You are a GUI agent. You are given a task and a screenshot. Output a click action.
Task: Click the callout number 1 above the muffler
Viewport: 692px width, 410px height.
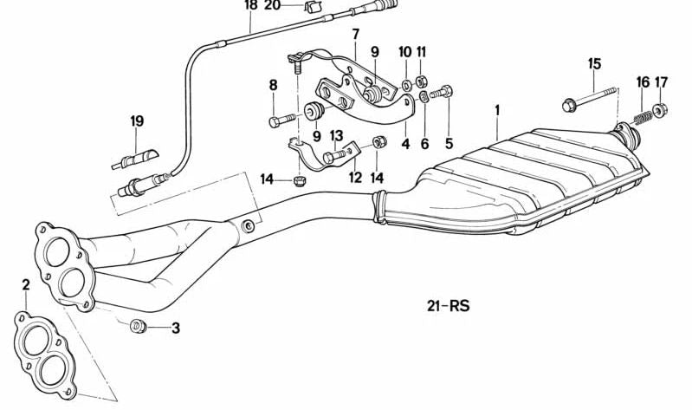pos(497,110)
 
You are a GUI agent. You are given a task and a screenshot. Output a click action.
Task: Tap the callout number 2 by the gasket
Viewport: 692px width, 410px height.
pos(26,285)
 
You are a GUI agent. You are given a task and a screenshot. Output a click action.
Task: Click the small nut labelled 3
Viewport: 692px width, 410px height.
pos(138,327)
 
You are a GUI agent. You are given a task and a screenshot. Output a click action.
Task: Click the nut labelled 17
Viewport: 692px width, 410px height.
pos(660,109)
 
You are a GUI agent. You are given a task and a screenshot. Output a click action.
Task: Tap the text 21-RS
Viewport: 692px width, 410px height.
pos(449,306)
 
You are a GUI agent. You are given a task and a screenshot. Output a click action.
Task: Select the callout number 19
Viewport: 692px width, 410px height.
pos(137,121)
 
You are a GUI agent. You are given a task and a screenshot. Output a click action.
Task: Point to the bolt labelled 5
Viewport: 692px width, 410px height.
pos(441,93)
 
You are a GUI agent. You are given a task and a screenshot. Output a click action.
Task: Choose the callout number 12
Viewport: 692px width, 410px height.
pos(355,178)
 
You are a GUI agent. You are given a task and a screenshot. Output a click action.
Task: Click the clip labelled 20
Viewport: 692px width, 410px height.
pos(311,7)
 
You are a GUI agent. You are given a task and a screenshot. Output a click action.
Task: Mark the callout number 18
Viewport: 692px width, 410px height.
pos(250,5)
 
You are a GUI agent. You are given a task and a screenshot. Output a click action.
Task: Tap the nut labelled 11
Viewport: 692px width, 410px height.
pos(421,81)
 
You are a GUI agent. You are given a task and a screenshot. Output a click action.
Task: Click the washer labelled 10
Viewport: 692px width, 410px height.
pos(406,84)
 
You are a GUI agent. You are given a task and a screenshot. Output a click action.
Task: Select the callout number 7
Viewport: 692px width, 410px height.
pos(356,34)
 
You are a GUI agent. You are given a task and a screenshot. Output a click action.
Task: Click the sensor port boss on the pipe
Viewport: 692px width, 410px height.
pos(249,226)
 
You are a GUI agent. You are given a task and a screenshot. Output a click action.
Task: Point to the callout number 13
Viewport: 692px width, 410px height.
pos(336,135)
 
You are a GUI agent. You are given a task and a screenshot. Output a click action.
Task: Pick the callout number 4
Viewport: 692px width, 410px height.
pos(405,144)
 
